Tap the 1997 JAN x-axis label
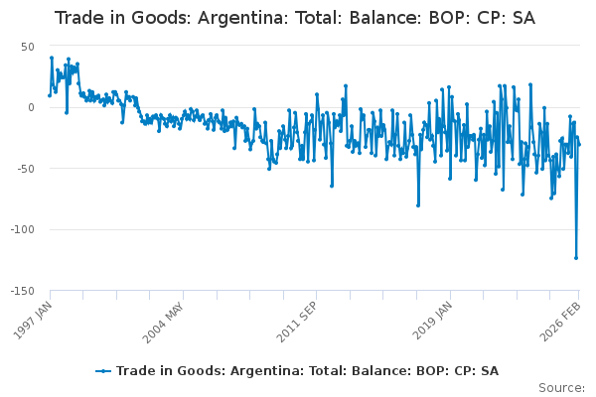click(33, 321)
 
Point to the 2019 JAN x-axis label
click(429, 321)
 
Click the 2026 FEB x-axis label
click(561, 321)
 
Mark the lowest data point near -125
click(576, 258)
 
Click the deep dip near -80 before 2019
click(418, 205)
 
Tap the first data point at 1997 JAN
click(50, 95)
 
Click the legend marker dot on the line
click(103, 371)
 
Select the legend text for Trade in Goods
click(307, 371)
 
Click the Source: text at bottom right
click(561, 387)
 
